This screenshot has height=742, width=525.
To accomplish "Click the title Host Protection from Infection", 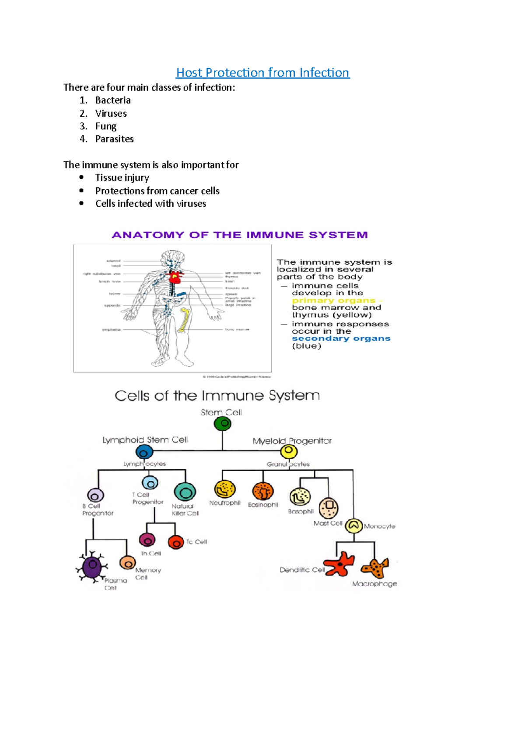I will click(x=262, y=73).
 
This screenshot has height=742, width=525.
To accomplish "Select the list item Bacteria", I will click(x=113, y=100).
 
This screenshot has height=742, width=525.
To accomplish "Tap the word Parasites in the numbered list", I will click(x=114, y=139).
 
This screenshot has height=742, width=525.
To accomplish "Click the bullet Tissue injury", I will click(x=122, y=178).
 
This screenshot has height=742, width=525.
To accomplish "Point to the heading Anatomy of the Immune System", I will click(x=240, y=235).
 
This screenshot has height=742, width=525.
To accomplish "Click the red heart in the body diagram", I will click(x=176, y=277).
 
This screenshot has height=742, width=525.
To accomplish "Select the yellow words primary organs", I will click(x=333, y=300).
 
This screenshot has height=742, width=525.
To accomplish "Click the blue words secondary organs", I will click(x=341, y=338).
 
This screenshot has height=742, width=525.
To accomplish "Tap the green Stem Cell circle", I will click(x=223, y=423).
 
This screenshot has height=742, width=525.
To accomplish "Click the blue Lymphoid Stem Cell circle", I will click(x=144, y=452).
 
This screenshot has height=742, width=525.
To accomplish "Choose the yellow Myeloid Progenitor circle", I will click(x=288, y=451).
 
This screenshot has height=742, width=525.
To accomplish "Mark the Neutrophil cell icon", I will click(x=225, y=489).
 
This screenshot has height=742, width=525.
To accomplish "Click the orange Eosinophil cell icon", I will click(x=263, y=492).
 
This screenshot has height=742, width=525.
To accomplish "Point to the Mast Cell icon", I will click(x=329, y=508).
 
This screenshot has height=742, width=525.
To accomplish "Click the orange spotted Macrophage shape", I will click(x=375, y=568).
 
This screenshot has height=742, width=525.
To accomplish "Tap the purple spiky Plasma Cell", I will click(x=92, y=567).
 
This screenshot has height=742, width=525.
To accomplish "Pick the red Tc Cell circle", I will click(x=176, y=542).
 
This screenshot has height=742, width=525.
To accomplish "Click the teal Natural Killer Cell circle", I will click(x=185, y=492).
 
